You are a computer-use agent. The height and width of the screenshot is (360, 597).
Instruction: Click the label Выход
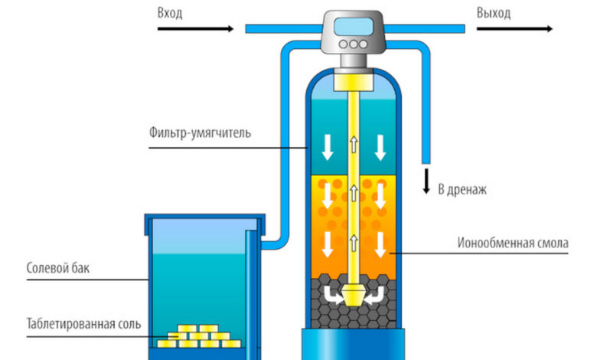[x=494, y=13]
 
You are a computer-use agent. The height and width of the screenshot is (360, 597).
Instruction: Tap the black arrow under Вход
[x=194, y=29]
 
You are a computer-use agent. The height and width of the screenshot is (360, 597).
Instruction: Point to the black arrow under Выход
[x=514, y=29]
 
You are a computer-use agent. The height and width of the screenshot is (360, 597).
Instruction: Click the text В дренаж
[x=462, y=189]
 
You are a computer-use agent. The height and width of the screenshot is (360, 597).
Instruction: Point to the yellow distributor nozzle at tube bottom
[x=353, y=296]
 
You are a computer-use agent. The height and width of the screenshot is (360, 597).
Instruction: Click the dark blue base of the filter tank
[x=353, y=345]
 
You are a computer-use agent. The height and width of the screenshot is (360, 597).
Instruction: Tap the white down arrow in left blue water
[x=328, y=147]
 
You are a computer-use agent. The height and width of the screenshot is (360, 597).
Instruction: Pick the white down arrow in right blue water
[x=379, y=147]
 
